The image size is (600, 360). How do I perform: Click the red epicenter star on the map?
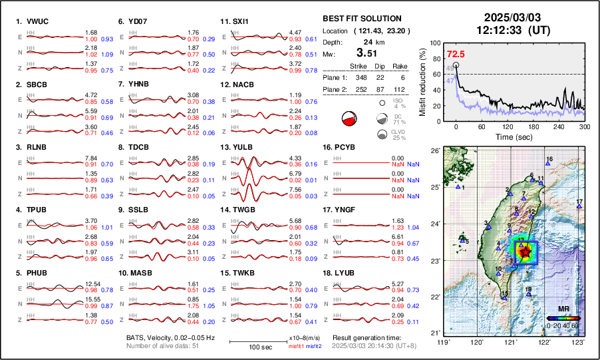point(525,252)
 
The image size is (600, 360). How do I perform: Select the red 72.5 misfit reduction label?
point(456,54)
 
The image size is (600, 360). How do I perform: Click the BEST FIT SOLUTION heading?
point(361,19)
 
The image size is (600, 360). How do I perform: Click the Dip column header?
point(380,67)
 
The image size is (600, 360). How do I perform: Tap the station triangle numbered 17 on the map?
point(579,208)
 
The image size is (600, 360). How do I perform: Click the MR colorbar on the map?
point(562,318)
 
